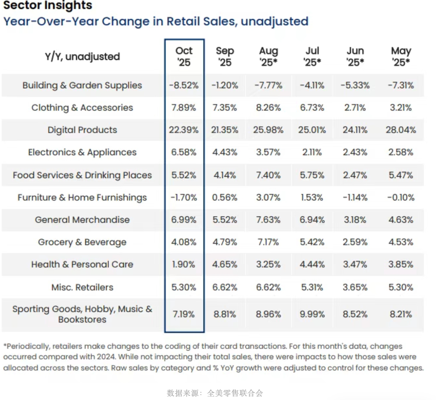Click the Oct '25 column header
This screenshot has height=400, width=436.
pos(184,56)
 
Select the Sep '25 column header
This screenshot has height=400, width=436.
pos(225,56)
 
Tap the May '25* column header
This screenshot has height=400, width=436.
pos(401,56)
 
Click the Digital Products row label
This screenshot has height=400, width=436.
pos(82,130)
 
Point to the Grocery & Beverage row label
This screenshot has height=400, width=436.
pos(82,242)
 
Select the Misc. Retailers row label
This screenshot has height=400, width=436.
pos(82,287)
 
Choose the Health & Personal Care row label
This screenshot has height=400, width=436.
pos(82,265)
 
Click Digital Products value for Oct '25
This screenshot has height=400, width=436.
pos(184,130)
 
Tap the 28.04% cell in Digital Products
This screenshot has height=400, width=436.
pos(401,130)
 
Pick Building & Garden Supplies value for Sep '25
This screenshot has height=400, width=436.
pos(225,85)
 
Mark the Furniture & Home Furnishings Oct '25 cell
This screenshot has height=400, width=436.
pos(184,197)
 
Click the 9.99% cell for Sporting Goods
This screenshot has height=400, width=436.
pos(312,314)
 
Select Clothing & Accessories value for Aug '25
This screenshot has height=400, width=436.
pos(268,108)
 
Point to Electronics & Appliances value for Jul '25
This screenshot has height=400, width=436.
pos(312,152)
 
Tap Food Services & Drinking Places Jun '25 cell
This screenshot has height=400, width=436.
pos(355,175)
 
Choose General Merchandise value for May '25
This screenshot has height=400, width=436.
pos(401,220)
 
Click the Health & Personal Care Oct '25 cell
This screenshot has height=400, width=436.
pos(184,265)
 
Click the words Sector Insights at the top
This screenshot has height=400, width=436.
pos(48,5)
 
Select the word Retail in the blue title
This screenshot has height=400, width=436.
pos(183,22)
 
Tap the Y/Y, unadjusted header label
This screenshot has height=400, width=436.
pos(82,57)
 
